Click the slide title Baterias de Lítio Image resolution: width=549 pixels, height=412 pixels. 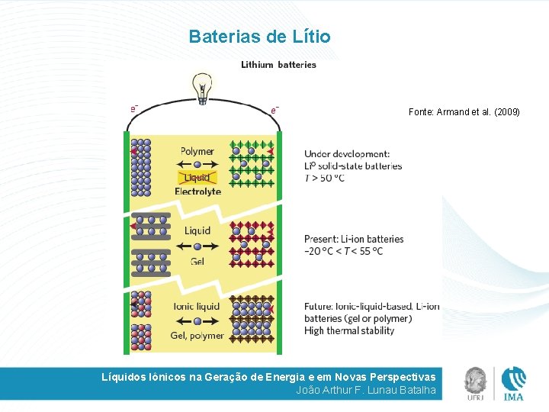click(259, 37)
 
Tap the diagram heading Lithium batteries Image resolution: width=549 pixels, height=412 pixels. click(278, 65)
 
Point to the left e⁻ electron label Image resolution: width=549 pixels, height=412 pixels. click(135, 108)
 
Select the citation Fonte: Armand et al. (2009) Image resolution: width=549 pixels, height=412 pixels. click(464, 112)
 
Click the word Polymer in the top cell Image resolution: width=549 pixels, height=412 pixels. click(197, 151)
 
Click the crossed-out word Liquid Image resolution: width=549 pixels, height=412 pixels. click(197, 178)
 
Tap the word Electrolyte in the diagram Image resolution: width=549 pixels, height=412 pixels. click(197, 192)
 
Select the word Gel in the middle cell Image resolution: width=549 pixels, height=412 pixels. click(197, 261)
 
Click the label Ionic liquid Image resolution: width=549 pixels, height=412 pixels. click(196, 306)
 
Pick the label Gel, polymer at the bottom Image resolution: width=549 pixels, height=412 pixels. click(197, 335)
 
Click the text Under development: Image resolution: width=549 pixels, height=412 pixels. click(347, 154)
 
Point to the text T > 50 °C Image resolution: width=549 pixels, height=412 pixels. click(324, 178)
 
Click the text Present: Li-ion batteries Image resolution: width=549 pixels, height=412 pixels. click(354, 239)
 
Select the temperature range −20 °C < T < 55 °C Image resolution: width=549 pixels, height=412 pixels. click(343, 251)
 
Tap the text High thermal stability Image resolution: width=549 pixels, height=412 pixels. click(349, 330)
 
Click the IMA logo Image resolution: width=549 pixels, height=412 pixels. click(513, 383)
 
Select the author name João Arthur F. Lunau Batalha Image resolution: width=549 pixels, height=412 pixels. click(365, 390)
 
